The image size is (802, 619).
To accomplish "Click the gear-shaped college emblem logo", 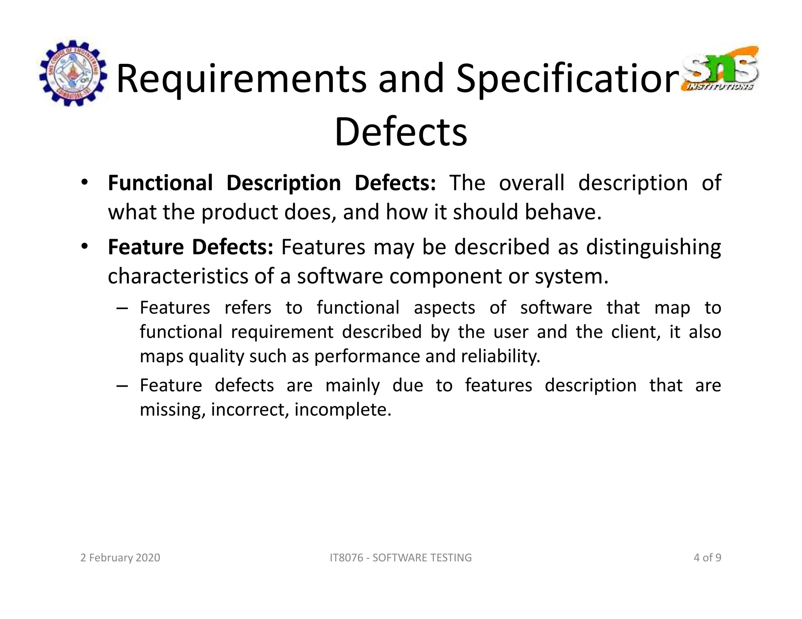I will click(x=73, y=73).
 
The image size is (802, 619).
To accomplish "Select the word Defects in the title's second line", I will click(x=401, y=132).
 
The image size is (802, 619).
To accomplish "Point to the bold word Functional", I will click(x=160, y=183).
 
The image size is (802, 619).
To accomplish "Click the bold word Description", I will click(x=284, y=184).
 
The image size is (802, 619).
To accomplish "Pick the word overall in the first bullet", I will click(x=531, y=183).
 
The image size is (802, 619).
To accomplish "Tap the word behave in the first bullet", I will click(x=562, y=212).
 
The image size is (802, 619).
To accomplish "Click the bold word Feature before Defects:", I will click(x=146, y=247).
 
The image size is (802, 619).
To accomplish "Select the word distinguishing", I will click(x=653, y=248).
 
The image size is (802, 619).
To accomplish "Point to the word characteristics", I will click(x=178, y=276).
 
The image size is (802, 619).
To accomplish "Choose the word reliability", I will click(x=500, y=356).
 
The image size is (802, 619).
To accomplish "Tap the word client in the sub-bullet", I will click(x=636, y=332).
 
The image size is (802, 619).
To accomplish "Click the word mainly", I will click(x=352, y=386).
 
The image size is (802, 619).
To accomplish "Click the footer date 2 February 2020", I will click(x=120, y=558).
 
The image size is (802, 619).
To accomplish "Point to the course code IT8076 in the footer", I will click(x=346, y=558).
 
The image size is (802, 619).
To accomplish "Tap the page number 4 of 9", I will click(x=707, y=558).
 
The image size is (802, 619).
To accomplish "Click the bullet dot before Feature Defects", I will click(x=84, y=247).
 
